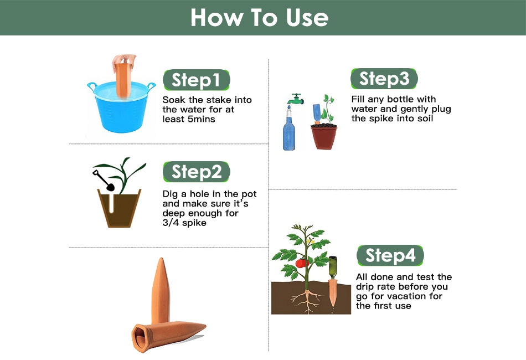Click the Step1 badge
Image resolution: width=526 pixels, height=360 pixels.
(x=196, y=80)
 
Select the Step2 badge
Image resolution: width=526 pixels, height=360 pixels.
(x=196, y=172)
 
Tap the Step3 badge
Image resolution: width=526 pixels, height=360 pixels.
(x=384, y=79)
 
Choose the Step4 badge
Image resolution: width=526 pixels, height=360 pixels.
(x=390, y=255)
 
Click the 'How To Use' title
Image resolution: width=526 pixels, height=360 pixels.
(x=260, y=18)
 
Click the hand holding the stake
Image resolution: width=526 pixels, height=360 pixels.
(x=125, y=61)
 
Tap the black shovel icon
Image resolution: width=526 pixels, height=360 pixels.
(x=104, y=181)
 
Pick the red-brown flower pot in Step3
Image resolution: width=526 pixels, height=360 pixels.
(x=324, y=137)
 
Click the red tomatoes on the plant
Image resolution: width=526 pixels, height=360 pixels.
(x=302, y=263)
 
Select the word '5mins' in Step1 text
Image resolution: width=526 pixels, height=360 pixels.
(x=202, y=119)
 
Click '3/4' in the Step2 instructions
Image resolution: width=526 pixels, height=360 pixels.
(x=171, y=223)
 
